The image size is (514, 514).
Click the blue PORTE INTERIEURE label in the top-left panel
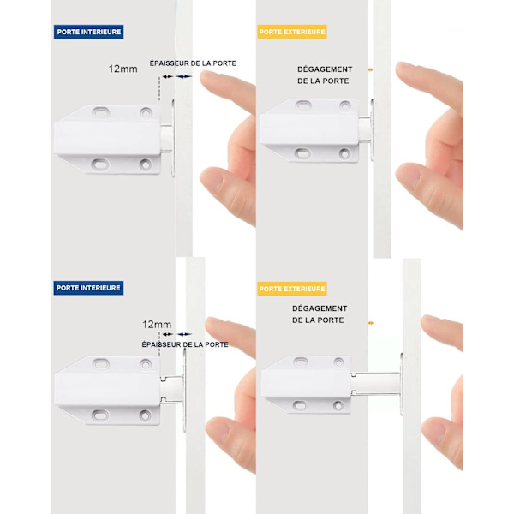coord(88,32)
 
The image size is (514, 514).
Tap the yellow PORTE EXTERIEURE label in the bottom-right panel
coord(292,289)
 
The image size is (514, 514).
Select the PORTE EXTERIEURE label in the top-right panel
coord(292,32)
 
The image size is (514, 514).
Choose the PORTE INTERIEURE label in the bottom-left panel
coord(88,288)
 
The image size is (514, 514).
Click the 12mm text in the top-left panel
coord(123,69)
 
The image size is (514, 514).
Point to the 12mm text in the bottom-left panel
coord(157,325)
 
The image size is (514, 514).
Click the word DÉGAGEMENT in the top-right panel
coord(325,69)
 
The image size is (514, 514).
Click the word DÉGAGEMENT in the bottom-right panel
coord(320,308)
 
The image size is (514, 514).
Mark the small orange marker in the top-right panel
coord(370,69)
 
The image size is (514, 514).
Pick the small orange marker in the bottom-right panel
coord(370,323)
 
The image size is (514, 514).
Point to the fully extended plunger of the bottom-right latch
coord(376,384)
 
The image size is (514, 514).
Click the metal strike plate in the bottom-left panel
coord(184,390)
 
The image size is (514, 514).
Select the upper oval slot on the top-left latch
coord(100,112)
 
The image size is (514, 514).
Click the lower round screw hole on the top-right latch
coord(345,153)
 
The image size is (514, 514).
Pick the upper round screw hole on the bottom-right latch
coord(338,362)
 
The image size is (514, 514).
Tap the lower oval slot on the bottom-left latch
coord(100,416)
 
